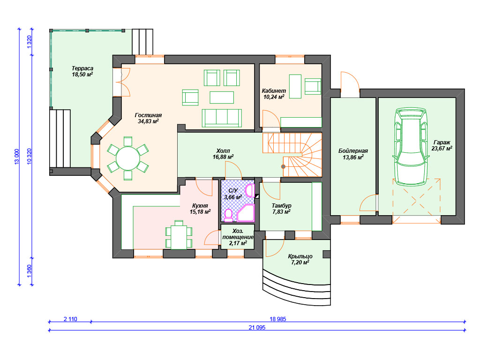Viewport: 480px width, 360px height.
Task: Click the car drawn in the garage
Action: point(411,147)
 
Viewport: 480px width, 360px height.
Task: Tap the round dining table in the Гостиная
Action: point(128,158)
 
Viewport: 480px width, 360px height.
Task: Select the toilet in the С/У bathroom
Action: point(228,215)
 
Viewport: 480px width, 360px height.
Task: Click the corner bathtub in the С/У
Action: point(246,213)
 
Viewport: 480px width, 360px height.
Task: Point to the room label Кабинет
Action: point(274,90)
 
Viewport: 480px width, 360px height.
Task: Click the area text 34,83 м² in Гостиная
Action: point(148,121)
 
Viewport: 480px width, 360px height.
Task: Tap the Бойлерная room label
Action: point(353,151)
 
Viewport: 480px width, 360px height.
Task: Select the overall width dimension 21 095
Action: point(257,327)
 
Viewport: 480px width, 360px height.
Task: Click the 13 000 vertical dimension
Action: point(16,157)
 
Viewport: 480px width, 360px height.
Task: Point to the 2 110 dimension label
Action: point(70,319)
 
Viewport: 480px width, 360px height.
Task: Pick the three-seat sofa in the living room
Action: point(222,118)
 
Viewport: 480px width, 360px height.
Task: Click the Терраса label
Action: point(82,68)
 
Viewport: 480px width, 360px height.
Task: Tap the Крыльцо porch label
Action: point(300,256)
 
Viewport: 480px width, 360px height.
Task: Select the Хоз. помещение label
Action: point(238,234)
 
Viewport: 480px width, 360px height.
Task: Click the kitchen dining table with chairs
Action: point(179,235)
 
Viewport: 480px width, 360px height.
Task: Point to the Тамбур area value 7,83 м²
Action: point(281,211)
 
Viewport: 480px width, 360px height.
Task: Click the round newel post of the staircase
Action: point(283,166)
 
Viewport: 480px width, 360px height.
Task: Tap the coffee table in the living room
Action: point(222,97)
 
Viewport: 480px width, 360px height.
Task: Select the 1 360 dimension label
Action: point(30,271)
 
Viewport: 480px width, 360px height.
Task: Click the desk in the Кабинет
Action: point(295,86)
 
